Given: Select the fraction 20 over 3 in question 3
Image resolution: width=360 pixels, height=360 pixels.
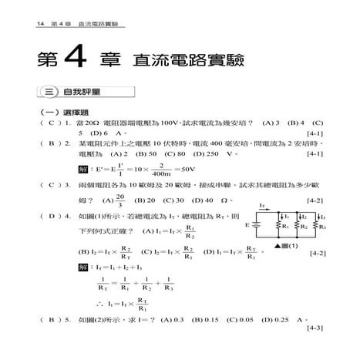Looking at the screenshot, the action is pyautogui.click(x=101, y=200).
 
